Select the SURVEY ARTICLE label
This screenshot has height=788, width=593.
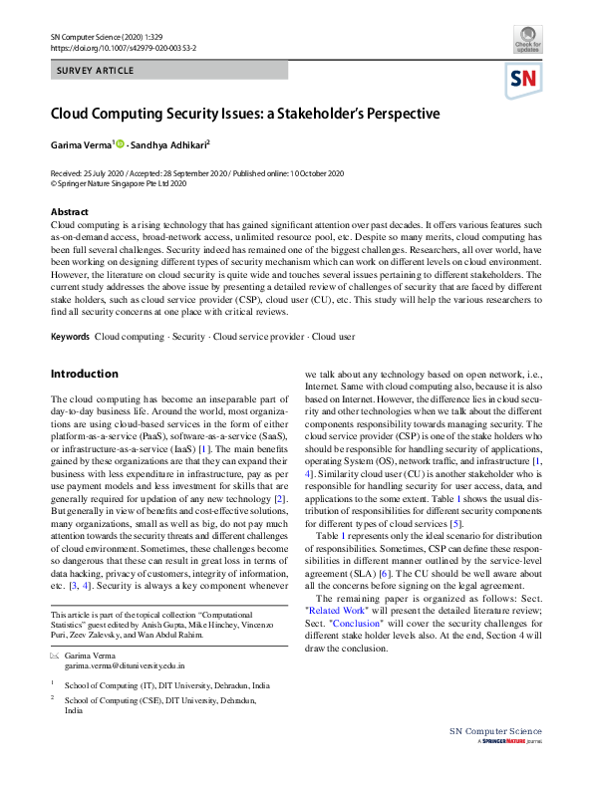click(x=96, y=71)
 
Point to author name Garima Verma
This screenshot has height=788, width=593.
click(x=82, y=144)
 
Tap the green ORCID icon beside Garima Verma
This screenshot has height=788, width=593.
click(x=121, y=144)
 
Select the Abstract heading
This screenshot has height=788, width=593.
click(x=69, y=212)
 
